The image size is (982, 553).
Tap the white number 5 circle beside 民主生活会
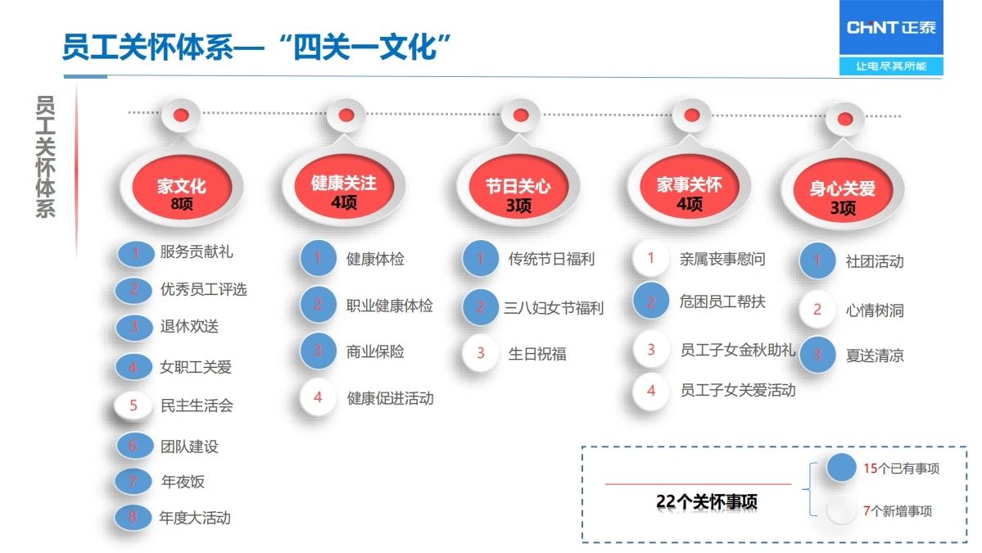pyautogui.click(x=133, y=406)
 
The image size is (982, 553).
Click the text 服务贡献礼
pyautogui.click(x=197, y=252)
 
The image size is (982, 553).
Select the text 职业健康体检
pyautogui.click(x=390, y=306)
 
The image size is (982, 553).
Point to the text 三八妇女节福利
pyautogui.click(x=554, y=307)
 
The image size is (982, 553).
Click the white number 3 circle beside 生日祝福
pyautogui.click(x=481, y=353)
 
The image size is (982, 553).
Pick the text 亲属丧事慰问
pyautogui.click(x=722, y=259)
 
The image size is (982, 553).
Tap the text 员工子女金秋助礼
pyautogui.click(x=738, y=350)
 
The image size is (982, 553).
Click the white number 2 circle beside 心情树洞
pyautogui.click(x=817, y=309)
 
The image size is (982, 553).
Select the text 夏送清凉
pyautogui.click(x=875, y=356)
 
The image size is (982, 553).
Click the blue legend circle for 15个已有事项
pyautogui.click(x=841, y=468)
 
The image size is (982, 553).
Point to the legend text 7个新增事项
pyautogui.click(x=898, y=511)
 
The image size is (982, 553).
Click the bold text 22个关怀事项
pyautogui.click(x=707, y=501)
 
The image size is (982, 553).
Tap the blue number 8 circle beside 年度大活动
pyautogui.click(x=133, y=517)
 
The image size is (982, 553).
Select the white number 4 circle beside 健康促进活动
pyautogui.click(x=318, y=397)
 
